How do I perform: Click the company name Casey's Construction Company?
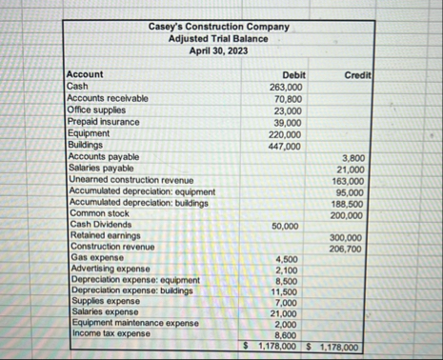coord(219,27)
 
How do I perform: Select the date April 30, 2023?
coord(219,49)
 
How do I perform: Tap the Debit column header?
coord(293,74)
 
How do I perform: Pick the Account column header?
coord(85,74)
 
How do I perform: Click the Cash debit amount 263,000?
coord(287,86)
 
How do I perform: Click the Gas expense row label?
coord(96,257)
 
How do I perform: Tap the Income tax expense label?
coord(110,333)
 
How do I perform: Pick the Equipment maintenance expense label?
coord(134,323)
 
